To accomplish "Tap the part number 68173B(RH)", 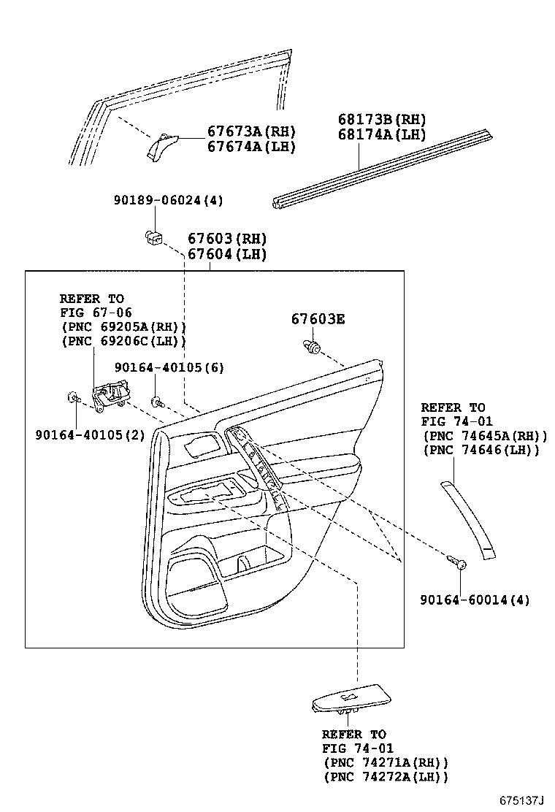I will click(x=381, y=120).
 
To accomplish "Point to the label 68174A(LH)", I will click(x=381, y=134).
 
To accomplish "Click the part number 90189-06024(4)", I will click(x=168, y=201).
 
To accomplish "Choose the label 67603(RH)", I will click(x=227, y=239).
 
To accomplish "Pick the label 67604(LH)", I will click(x=227, y=254).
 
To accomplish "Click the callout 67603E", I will click(x=318, y=319).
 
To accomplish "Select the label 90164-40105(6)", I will click(x=169, y=367).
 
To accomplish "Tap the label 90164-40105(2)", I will click(x=90, y=435).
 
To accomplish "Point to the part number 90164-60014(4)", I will click(x=475, y=600).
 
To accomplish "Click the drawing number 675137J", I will click(x=522, y=800).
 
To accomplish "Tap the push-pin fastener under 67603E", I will click(x=313, y=348).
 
